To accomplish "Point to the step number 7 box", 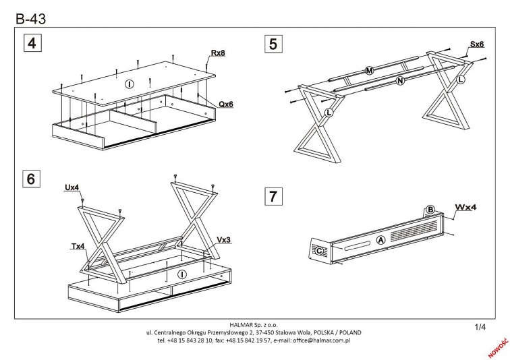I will pyautogui.click(x=273, y=197).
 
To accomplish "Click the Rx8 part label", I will pyautogui.click(x=217, y=53).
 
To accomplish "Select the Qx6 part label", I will pyautogui.click(x=225, y=104).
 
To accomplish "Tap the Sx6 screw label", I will pyautogui.click(x=477, y=44).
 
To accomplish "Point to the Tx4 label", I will pyautogui.click(x=78, y=247).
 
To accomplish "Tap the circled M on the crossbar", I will pyautogui.click(x=368, y=71).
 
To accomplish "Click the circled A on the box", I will pyautogui.click(x=380, y=239).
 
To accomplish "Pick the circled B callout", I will pyautogui.click(x=429, y=210).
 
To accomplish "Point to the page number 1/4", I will pyautogui.click(x=480, y=328).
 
